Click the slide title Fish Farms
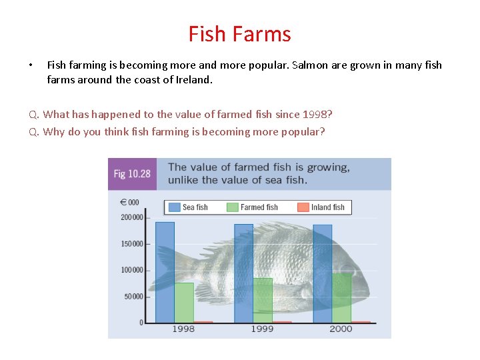(240, 33)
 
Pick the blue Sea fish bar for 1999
(243, 273)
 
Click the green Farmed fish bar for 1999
(263, 300)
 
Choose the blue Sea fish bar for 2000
(322, 273)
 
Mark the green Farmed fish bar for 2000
(341, 298)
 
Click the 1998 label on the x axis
(183, 329)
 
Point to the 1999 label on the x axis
(262, 329)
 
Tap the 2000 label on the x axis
(341, 329)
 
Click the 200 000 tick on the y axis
(132, 217)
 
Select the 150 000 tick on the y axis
(132, 244)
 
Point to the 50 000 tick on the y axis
(133, 297)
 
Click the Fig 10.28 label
(132, 174)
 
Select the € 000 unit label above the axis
(129, 202)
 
